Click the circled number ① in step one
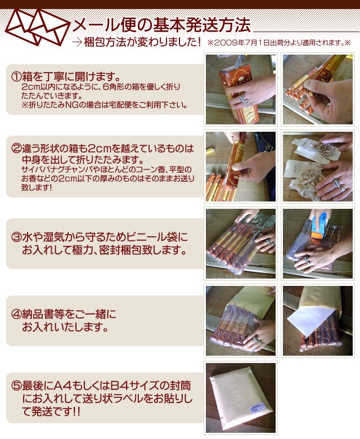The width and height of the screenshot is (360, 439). (16, 76)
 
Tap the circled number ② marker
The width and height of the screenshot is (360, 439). (16, 148)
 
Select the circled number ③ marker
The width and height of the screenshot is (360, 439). (16, 238)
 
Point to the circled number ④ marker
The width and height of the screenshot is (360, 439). (16, 314)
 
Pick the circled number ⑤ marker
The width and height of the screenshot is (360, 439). (16, 386)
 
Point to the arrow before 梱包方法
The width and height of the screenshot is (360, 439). (77, 42)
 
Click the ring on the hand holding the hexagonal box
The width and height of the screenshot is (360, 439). (243, 99)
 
